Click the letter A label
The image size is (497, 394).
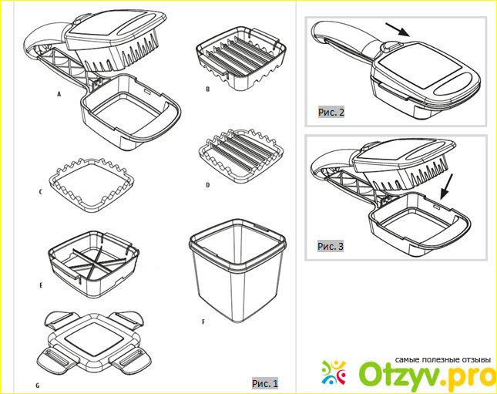[x=59, y=94]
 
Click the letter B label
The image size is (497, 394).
[x=207, y=89]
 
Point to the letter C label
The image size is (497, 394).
[x=41, y=192]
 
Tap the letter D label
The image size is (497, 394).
[x=207, y=184]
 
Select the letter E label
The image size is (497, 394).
[x=41, y=285]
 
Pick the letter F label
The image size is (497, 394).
[x=203, y=322]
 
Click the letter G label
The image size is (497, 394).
[x=38, y=386]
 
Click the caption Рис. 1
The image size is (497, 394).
[x=265, y=383]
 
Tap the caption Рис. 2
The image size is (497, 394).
[x=331, y=112]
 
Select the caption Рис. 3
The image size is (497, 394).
[x=331, y=246]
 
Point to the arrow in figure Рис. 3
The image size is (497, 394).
[x=447, y=187]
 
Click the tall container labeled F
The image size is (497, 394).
[x=237, y=271]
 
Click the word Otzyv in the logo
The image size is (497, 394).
[x=403, y=375]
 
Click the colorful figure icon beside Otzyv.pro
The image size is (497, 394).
[x=334, y=372]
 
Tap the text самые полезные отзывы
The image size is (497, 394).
[x=443, y=360]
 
